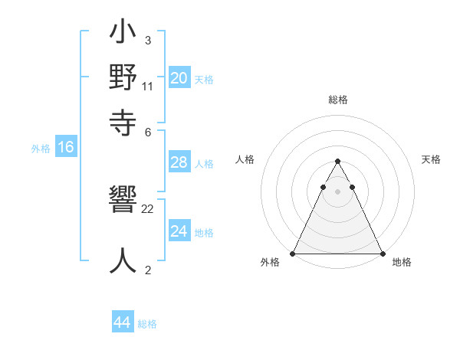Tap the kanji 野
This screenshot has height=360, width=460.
tap(123, 79)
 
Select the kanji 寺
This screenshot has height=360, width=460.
tap(123, 122)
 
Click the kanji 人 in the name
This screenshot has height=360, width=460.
tap(123, 260)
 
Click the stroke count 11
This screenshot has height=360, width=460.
tap(148, 87)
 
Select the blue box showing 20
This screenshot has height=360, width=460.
tap(179, 78)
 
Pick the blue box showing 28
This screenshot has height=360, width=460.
tap(179, 162)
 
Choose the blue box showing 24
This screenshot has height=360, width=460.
tap(179, 231)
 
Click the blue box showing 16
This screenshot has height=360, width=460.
tap(65, 148)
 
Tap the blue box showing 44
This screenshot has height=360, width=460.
tap(122, 322)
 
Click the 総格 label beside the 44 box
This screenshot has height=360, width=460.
tap(147, 324)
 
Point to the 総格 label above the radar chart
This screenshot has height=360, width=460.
tap(337, 100)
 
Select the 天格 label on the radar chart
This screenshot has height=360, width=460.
tap(431, 159)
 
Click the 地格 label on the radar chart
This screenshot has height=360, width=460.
tap(402, 262)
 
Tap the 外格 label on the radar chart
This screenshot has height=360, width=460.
tap(270, 262)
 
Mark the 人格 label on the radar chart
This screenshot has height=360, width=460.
tap(245, 159)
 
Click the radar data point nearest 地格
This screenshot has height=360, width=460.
tap(383, 254)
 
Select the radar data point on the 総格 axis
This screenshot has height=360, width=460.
tap(337, 162)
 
